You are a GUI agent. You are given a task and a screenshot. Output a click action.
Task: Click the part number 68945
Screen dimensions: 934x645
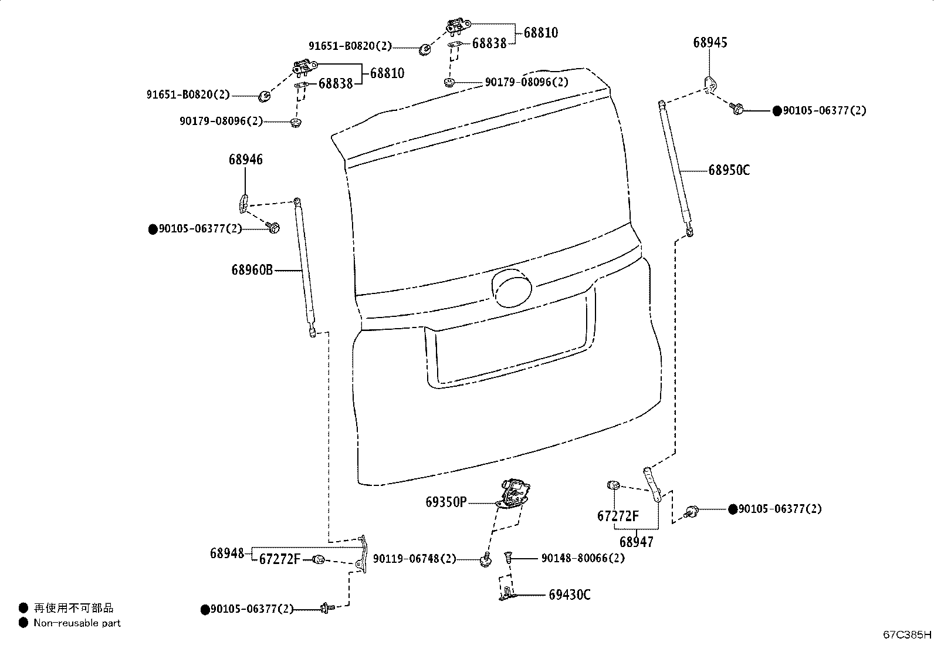click(x=710, y=43)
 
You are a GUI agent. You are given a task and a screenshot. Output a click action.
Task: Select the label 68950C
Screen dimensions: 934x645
click(x=729, y=170)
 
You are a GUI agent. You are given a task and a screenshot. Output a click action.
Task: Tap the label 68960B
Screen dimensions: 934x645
click(x=252, y=270)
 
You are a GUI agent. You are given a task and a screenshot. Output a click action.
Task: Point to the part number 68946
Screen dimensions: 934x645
click(x=246, y=160)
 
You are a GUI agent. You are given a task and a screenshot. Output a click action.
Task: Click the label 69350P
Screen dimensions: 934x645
click(x=446, y=502)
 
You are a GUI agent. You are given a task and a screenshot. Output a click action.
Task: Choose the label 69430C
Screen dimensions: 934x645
click(x=570, y=595)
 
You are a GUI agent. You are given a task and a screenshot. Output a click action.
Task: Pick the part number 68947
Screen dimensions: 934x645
click(x=637, y=542)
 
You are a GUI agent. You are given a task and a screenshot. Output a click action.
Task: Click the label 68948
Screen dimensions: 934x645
click(x=227, y=553)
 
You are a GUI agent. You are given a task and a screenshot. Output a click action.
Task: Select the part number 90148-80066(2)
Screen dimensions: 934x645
click(x=583, y=558)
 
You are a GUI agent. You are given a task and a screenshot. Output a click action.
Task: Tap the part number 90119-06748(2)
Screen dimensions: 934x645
click(x=414, y=559)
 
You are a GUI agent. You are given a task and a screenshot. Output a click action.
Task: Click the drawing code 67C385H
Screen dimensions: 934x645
click(x=907, y=634)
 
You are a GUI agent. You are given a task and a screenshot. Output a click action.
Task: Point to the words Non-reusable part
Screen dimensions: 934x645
click(x=77, y=623)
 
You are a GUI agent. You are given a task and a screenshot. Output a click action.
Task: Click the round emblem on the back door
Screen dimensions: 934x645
click(x=512, y=288)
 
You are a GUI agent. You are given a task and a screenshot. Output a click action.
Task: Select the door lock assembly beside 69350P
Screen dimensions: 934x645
click(x=514, y=495)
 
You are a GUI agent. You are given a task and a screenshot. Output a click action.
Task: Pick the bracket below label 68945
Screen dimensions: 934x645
click(x=710, y=85)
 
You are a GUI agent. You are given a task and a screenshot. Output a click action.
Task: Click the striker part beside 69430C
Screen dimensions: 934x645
click(x=507, y=594)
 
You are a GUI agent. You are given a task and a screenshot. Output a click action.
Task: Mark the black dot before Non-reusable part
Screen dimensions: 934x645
click(x=23, y=623)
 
